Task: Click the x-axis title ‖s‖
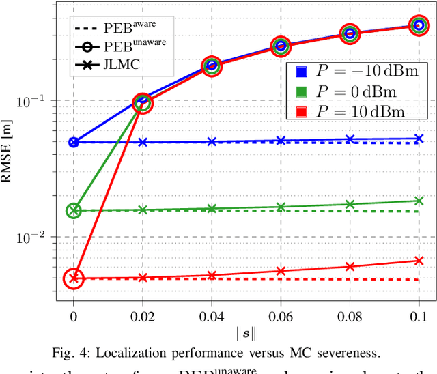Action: pyautogui.click(x=244, y=334)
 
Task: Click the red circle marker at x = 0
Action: pyautogui.click(x=74, y=278)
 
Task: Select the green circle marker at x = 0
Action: pyautogui.click(x=74, y=211)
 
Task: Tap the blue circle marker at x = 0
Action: pyautogui.click(x=74, y=143)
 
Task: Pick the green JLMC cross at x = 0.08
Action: pyautogui.click(x=350, y=204)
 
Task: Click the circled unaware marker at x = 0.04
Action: pyautogui.click(x=212, y=66)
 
